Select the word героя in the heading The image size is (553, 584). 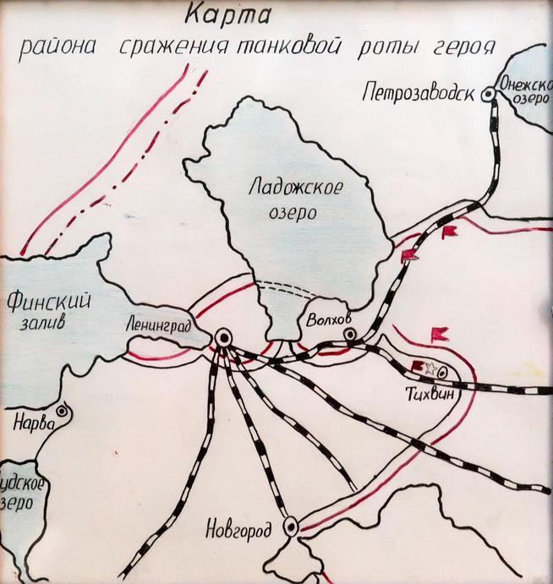pyautogui.click(x=465, y=45)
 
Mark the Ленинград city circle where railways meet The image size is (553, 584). pyautogui.click(x=223, y=338)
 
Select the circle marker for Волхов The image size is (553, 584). pyautogui.click(x=350, y=336)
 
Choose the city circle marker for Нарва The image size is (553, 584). pyautogui.click(x=60, y=413)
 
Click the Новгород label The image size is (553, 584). pyautogui.click(x=238, y=531)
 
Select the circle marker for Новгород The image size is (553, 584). pyautogui.click(x=291, y=527)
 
